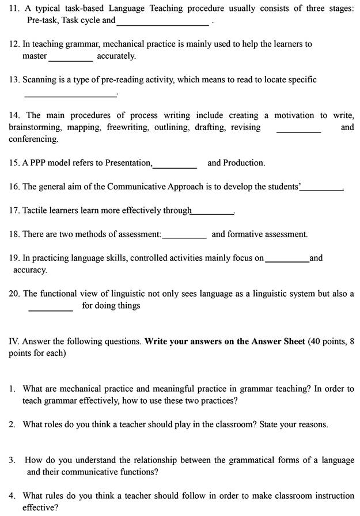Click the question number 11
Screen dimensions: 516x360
[14, 9]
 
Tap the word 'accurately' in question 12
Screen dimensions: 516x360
[116, 56]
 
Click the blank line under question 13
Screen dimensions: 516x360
[70, 94]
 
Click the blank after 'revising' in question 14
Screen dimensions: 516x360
[298, 131]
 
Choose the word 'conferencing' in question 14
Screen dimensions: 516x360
[33, 139]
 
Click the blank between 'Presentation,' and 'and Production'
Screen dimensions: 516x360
[175, 166]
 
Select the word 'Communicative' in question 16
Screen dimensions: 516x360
[138, 187]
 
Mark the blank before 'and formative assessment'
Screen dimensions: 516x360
[184, 237]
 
